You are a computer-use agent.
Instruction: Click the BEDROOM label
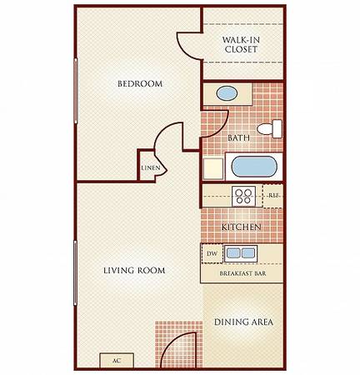(x=140, y=83)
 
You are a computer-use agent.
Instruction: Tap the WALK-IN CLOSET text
(x=241, y=44)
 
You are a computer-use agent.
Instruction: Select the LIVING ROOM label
(x=134, y=270)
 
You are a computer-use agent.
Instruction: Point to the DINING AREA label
(x=243, y=322)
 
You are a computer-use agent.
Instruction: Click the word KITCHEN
(x=241, y=227)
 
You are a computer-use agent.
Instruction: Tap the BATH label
(x=238, y=137)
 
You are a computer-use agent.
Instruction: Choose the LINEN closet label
(x=151, y=167)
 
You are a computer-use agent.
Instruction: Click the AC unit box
(x=117, y=361)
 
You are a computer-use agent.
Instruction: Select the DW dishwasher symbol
(x=212, y=253)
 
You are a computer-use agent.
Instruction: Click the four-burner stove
(x=243, y=196)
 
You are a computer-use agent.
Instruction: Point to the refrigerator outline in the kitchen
(x=272, y=196)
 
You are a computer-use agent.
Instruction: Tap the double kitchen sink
(x=241, y=253)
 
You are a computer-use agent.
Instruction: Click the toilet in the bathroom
(x=269, y=129)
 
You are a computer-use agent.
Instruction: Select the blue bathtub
(x=254, y=167)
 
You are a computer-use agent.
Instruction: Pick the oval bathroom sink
(x=227, y=94)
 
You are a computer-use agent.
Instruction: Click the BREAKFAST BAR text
(x=242, y=273)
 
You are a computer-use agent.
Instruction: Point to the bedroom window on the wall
(x=76, y=91)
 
